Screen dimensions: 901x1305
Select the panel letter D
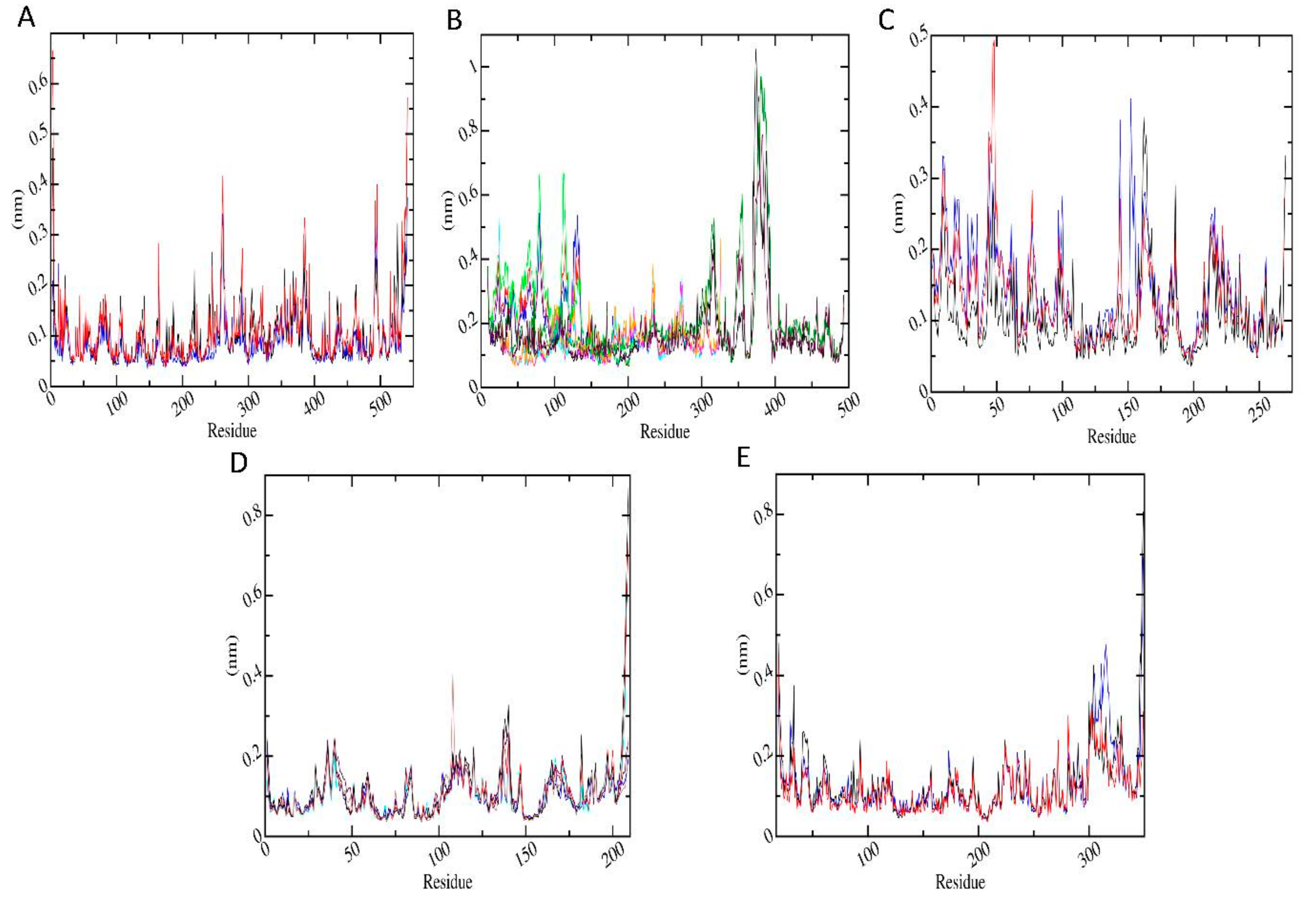point(239,463)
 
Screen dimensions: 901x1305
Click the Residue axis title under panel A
point(231,431)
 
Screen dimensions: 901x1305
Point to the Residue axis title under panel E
point(960,881)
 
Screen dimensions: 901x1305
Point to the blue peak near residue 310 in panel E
point(1105,646)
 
